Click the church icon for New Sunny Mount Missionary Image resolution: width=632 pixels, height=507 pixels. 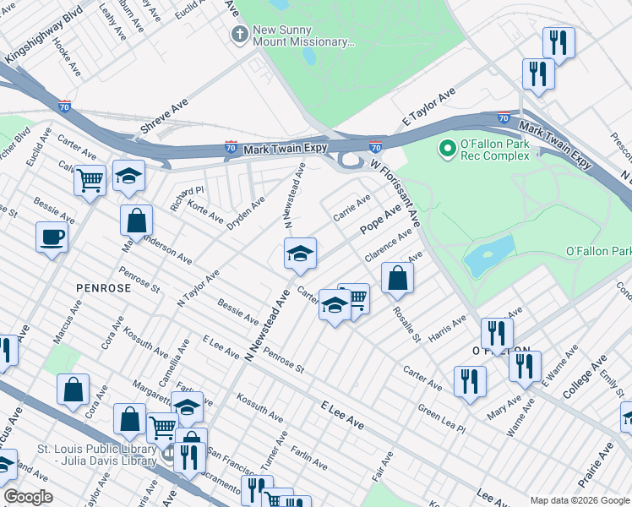pyautogui.click(x=240, y=35)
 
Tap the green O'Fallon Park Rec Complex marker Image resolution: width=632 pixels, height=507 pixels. pyautogui.click(x=445, y=150)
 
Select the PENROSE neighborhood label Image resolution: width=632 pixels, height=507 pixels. pyautogui.click(x=103, y=288)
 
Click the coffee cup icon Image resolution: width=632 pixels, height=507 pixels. pyautogui.click(x=52, y=237)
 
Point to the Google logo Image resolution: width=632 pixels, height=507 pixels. pyautogui.click(x=28, y=497)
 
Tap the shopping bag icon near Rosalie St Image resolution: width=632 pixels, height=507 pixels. pyautogui.click(x=397, y=277)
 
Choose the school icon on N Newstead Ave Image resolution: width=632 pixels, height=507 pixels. pyautogui.click(x=299, y=253)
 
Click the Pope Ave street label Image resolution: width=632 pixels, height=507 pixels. pyautogui.click(x=379, y=220)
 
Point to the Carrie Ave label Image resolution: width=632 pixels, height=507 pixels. pyautogui.click(x=351, y=208)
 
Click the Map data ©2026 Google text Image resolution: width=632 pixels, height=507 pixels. pyautogui.click(x=578, y=499)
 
